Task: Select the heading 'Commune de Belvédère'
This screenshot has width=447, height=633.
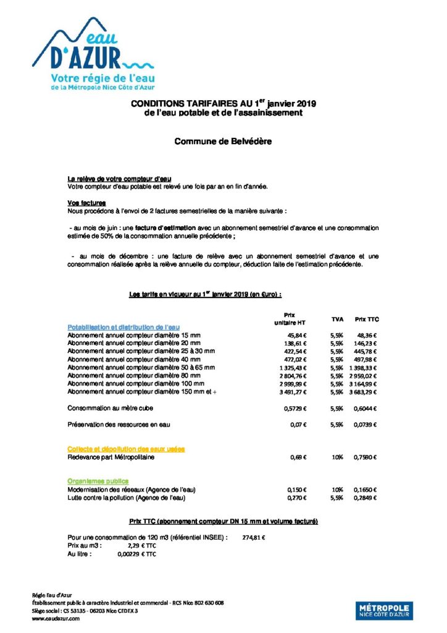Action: (x=223, y=141)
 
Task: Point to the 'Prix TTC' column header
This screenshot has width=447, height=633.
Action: (x=367, y=319)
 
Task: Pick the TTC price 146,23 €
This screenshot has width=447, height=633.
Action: (x=366, y=342)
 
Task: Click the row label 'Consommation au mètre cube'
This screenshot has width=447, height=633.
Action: (x=110, y=408)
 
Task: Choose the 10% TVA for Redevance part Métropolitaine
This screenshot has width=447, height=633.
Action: (x=336, y=457)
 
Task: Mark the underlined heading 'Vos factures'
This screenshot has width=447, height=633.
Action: (x=86, y=203)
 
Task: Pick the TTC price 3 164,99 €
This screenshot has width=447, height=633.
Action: (x=362, y=383)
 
